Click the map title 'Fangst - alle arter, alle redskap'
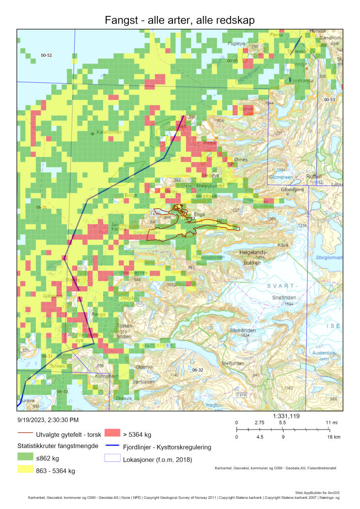point(180,20)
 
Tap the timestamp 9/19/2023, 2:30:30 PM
point(47,420)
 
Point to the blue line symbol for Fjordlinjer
point(114,447)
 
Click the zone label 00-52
point(47,56)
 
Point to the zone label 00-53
point(329,99)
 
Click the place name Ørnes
point(240,160)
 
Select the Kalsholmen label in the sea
point(108,132)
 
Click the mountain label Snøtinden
point(282,297)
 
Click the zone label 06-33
point(63,391)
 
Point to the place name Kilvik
point(283,245)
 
